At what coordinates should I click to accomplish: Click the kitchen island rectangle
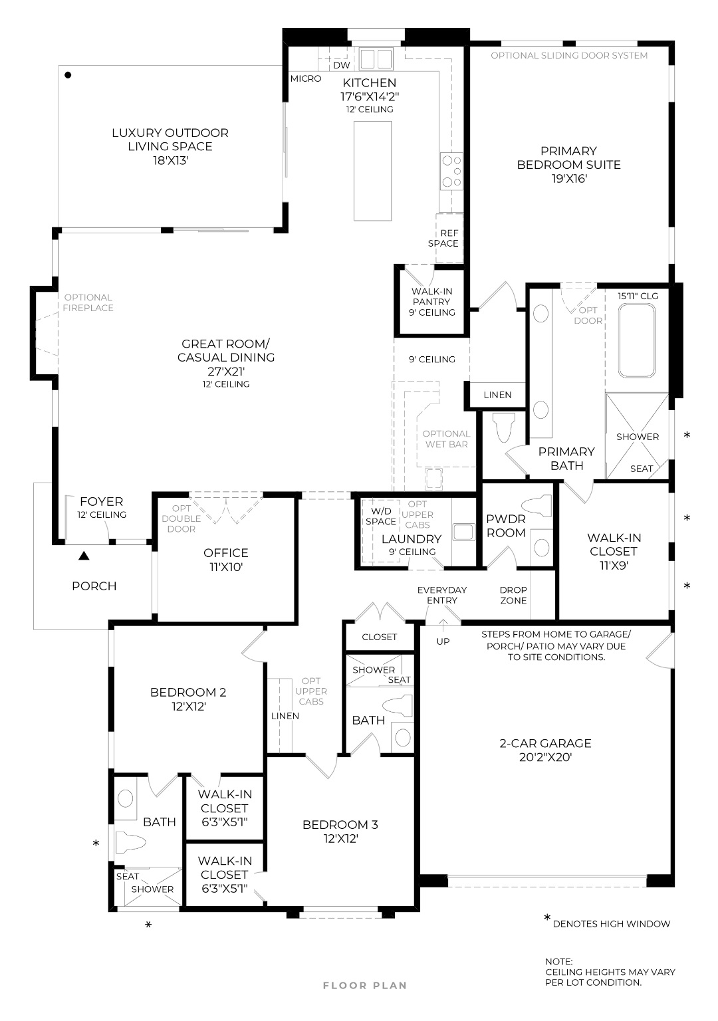(x=372, y=171)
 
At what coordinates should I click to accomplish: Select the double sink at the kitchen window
(x=376, y=58)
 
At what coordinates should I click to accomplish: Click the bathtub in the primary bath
(x=636, y=340)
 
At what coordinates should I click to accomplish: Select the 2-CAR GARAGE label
(x=545, y=743)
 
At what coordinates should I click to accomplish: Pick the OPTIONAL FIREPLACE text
(x=88, y=302)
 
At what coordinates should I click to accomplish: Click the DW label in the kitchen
(x=341, y=65)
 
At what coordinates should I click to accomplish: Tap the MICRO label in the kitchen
(x=306, y=78)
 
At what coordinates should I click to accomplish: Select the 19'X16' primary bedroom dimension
(x=568, y=179)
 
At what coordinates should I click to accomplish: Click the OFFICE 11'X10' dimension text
(x=226, y=567)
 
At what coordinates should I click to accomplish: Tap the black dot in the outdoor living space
(x=68, y=75)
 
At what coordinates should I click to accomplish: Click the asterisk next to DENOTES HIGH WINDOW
(x=547, y=919)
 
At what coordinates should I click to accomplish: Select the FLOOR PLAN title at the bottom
(x=364, y=986)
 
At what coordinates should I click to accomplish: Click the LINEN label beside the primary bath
(x=497, y=395)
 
